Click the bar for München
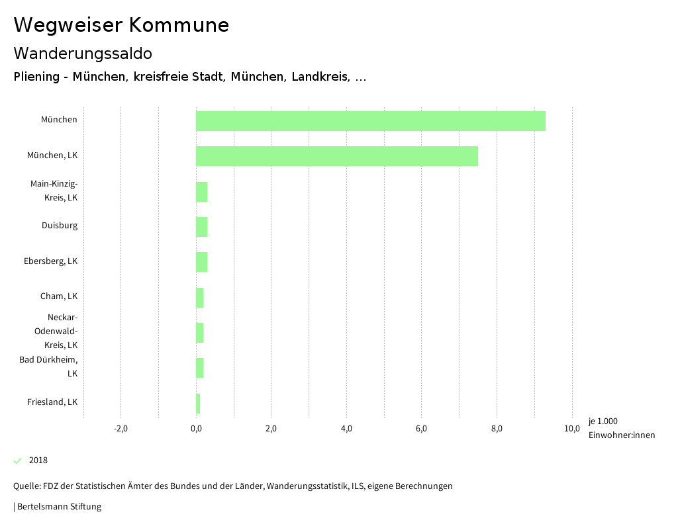coord(370,121)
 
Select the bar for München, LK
coord(336,156)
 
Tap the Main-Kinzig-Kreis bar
coord(201,191)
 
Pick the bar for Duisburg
coord(201,226)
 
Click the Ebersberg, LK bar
coord(201,262)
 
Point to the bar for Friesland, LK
coord(198,403)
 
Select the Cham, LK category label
coord(59,296)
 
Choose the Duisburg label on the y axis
coord(60,226)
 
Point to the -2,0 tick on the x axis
coord(121,429)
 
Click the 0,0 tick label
coord(196,429)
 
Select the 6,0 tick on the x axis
coord(421,429)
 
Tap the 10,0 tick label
coord(571,429)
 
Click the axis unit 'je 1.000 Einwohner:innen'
coord(621,428)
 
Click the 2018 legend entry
coord(38,461)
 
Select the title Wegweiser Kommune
coord(121,25)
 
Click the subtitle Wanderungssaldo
coord(83,53)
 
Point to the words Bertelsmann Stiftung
coord(59,507)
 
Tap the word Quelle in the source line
coord(26,486)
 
